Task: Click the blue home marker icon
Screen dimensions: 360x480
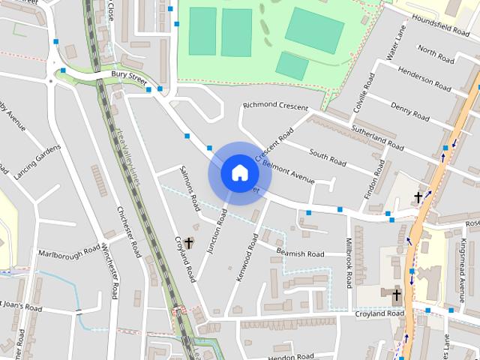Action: (x=239, y=173)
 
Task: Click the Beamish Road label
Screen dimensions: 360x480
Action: (x=300, y=253)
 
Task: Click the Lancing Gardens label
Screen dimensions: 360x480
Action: (x=37, y=161)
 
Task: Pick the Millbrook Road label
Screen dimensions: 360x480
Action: (x=349, y=263)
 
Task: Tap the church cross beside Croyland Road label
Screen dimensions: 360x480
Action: (x=188, y=243)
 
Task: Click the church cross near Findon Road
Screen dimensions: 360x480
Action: (x=418, y=197)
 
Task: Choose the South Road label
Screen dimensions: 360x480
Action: (x=328, y=158)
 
